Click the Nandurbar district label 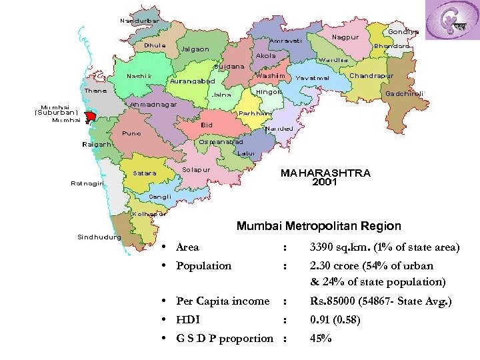click(x=139, y=21)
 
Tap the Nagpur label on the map click(x=345, y=37)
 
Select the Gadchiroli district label click(x=405, y=93)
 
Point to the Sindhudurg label click(x=99, y=237)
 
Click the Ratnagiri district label click(x=87, y=185)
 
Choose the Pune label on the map click(x=131, y=133)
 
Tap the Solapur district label click(x=196, y=169)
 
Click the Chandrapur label click(x=371, y=75)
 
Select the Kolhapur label click(x=149, y=214)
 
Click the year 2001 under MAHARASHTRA click(x=325, y=182)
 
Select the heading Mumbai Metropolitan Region click(x=319, y=226)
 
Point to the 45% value click(x=321, y=338)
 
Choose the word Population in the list click(x=203, y=265)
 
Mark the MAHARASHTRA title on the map click(x=325, y=173)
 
